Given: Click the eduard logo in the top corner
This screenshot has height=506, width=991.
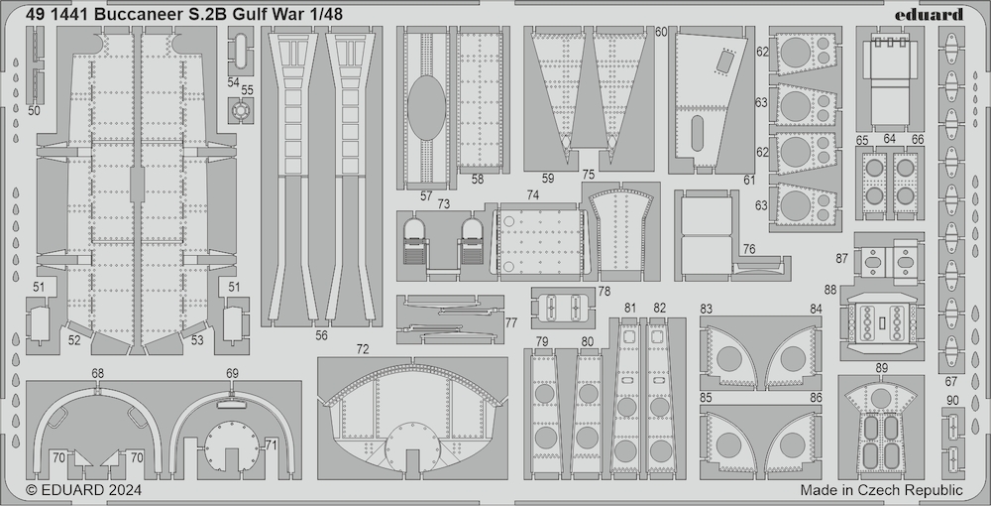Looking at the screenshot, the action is pos(937,14).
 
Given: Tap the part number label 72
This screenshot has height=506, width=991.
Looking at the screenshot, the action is pos(362,349).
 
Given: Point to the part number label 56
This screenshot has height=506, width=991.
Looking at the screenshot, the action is pos(322,336).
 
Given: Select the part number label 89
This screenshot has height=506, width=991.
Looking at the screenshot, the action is pos(882,368).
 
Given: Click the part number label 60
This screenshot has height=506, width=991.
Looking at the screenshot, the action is pos(661,33).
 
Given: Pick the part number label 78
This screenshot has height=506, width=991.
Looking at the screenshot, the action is pos(605,292).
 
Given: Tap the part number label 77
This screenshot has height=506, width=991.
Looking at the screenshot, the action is pos(511,323).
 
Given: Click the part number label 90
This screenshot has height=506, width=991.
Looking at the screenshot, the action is pos(952,400).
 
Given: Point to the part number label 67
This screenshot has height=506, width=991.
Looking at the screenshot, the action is pos(950,381).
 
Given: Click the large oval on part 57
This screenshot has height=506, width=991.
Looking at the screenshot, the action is pos(426,108).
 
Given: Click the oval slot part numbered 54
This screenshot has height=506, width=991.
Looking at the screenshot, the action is pos(241,50).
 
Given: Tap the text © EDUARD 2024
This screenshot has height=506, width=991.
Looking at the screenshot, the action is pos(83,490).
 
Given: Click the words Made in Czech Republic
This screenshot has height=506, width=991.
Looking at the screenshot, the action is pos(881,490).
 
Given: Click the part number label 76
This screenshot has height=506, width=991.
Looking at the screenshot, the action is pos(749,249).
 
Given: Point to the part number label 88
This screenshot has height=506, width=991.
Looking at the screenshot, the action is pos(830,290).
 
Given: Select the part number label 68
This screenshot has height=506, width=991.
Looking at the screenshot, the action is pos(97,374).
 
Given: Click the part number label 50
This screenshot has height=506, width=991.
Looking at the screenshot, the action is pos(34,111).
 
